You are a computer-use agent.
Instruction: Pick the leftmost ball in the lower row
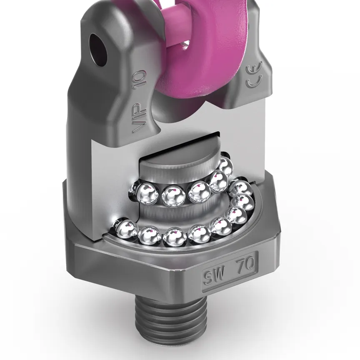point(125,230)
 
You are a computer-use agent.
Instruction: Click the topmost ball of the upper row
point(225,166)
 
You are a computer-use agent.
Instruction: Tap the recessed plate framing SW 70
point(230,271)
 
